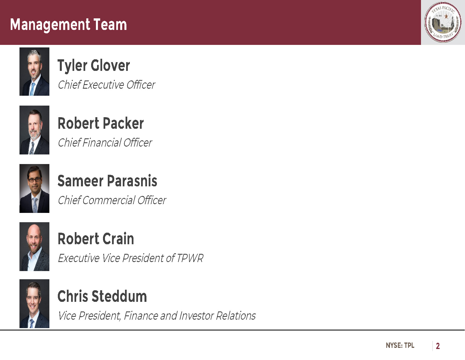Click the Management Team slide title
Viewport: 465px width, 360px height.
click(68, 25)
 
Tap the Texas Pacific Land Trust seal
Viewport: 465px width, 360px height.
click(443, 22)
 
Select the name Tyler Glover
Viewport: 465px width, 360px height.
click(94, 66)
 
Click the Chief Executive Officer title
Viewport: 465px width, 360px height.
click(106, 85)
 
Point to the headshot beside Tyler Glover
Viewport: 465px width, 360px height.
click(34, 71)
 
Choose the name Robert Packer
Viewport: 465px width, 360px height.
click(101, 123)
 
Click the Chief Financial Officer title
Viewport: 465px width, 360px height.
click(105, 143)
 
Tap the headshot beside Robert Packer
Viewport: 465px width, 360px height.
click(34, 130)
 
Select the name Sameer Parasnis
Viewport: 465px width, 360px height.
click(108, 181)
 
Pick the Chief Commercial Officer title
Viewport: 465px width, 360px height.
click(112, 200)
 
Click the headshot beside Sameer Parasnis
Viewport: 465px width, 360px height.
click(34, 188)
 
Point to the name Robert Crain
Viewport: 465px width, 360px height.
click(96, 239)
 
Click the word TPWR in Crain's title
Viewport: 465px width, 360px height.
click(190, 258)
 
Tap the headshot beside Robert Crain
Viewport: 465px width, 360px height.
click(34, 246)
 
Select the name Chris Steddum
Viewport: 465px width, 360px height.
click(102, 296)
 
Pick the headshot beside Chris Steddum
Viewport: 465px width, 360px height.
click(34, 304)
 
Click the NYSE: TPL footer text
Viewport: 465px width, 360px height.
click(400, 345)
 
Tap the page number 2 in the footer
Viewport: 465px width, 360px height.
click(438, 346)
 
